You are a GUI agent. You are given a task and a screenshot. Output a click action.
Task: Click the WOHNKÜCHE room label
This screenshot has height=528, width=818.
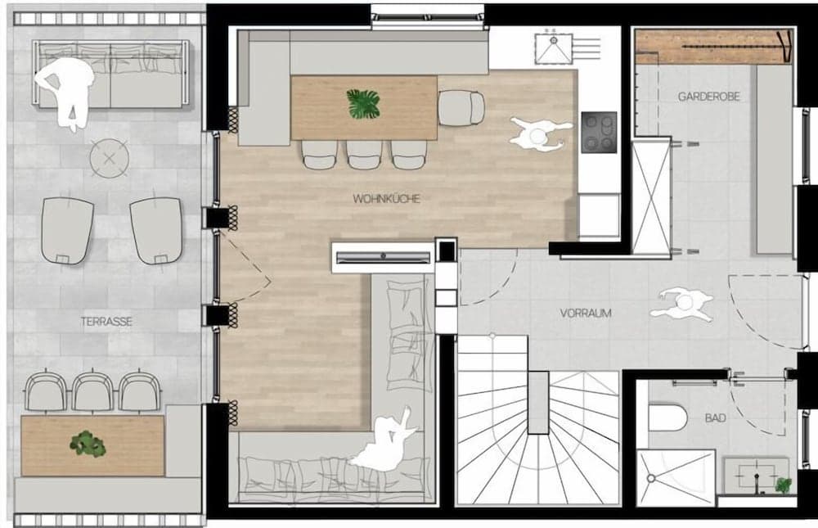pos(386,198)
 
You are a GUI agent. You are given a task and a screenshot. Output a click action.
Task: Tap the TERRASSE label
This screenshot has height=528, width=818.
pos(106,322)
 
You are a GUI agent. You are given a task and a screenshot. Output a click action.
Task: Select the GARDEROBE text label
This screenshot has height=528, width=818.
pos(708,97)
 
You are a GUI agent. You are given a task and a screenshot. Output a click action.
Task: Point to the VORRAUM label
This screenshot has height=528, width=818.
pos(586,313)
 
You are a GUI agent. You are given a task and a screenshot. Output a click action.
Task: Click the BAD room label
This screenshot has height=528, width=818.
pos(715,418)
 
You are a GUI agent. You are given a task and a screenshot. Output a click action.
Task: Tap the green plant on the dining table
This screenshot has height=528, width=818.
pos(363,104)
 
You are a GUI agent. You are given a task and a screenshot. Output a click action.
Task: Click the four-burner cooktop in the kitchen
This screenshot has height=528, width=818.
pos(599,132)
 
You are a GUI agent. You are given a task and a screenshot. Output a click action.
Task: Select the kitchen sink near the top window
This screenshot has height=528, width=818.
pos(554,47)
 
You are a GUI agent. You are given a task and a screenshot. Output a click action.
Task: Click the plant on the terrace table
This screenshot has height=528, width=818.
pos(88,445)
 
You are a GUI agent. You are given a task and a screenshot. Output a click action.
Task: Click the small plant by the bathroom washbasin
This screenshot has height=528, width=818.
pos(783,485)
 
